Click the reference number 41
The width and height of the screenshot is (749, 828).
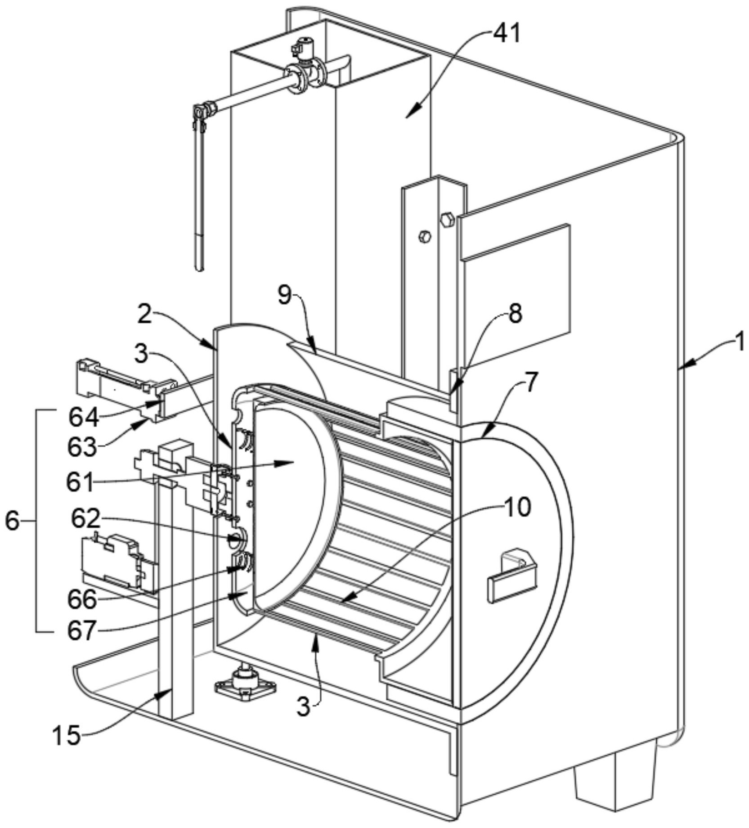[507, 34]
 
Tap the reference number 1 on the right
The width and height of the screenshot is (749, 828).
[740, 342]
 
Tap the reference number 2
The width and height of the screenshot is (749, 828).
[144, 315]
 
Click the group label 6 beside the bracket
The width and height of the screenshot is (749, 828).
[12, 522]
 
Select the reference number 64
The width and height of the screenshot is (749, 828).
[84, 417]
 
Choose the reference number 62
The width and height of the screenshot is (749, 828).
[85, 519]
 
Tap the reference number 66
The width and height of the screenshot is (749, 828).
[82, 599]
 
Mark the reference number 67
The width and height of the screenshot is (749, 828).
[82, 630]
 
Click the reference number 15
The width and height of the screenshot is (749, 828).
[67, 736]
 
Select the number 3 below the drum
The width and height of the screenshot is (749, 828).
[304, 707]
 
